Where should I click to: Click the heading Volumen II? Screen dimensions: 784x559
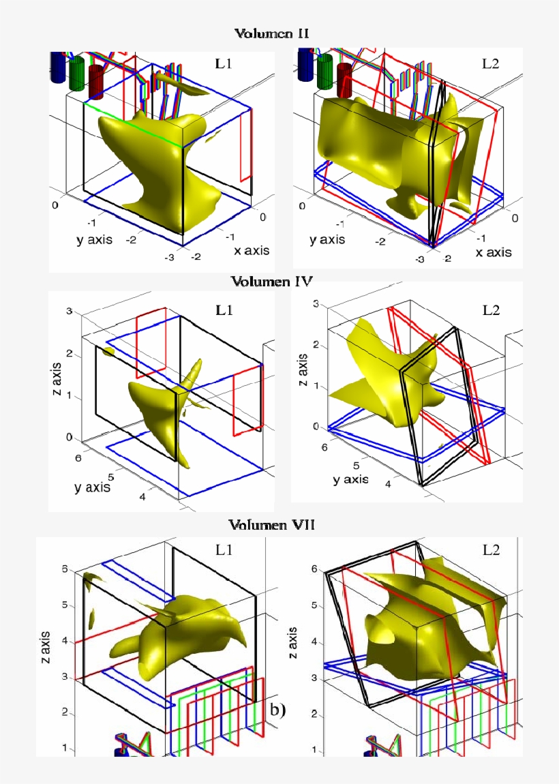(273, 33)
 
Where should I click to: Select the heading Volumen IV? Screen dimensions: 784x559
(271, 281)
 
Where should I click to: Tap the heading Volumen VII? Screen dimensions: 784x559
(271, 525)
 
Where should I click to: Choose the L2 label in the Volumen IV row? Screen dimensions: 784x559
(490, 310)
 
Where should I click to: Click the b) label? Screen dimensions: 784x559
(277, 710)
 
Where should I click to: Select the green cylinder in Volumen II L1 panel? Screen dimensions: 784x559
(77, 74)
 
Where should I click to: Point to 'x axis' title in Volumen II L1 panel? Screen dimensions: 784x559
(252, 250)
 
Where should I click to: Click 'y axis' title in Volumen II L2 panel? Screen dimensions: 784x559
(327, 239)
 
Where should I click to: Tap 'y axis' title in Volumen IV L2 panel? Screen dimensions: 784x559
(350, 479)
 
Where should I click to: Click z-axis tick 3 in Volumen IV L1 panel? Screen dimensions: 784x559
(68, 312)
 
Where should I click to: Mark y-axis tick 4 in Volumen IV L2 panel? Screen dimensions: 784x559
(388, 483)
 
